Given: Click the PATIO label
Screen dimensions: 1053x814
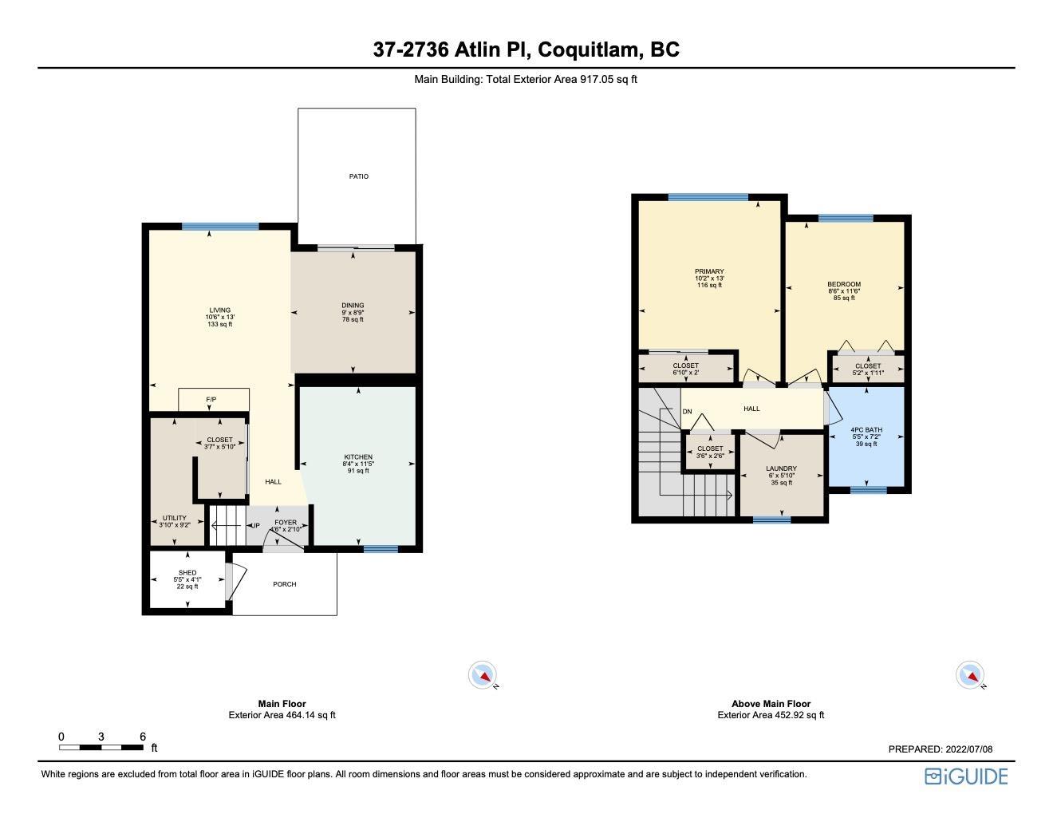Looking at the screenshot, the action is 359,176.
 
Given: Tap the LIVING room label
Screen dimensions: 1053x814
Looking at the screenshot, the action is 220,310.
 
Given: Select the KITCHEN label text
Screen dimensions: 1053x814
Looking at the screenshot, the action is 358,457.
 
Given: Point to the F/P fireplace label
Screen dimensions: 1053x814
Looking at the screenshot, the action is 211,400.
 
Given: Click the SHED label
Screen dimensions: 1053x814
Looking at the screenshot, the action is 187,572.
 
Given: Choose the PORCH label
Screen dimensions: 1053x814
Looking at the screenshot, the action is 285,584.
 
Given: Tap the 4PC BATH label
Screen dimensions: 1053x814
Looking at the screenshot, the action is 866,430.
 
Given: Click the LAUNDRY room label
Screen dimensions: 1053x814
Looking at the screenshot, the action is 781,468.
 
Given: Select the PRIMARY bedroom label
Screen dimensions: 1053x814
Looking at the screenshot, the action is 709,271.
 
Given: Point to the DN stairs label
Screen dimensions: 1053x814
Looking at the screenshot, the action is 687,412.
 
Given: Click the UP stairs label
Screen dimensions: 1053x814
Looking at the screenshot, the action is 255,526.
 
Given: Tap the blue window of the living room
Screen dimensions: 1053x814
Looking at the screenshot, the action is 220,226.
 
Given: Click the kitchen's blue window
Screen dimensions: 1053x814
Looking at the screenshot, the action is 381,549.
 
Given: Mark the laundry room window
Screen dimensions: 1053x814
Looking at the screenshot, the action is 772,520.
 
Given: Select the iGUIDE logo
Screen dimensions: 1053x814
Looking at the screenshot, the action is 966,776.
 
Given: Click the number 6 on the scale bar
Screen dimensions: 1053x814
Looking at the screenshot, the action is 143,737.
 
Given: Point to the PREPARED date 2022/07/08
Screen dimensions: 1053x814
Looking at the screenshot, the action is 969,749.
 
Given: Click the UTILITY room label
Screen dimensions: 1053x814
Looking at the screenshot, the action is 175,518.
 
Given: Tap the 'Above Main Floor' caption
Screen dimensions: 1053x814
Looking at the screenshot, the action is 771,703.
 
